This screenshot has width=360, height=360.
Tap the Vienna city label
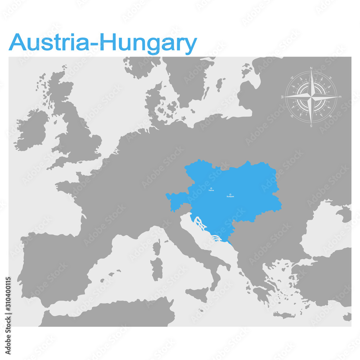(211, 190)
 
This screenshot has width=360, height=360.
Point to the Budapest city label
(230, 197)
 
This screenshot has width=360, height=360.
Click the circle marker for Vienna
(211, 188)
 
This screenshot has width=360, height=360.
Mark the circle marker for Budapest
(230, 194)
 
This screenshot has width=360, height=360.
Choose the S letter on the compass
(311, 126)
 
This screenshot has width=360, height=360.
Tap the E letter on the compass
(340, 96)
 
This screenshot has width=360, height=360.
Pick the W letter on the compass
(282, 97)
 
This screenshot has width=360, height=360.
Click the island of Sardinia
(157, 269)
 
